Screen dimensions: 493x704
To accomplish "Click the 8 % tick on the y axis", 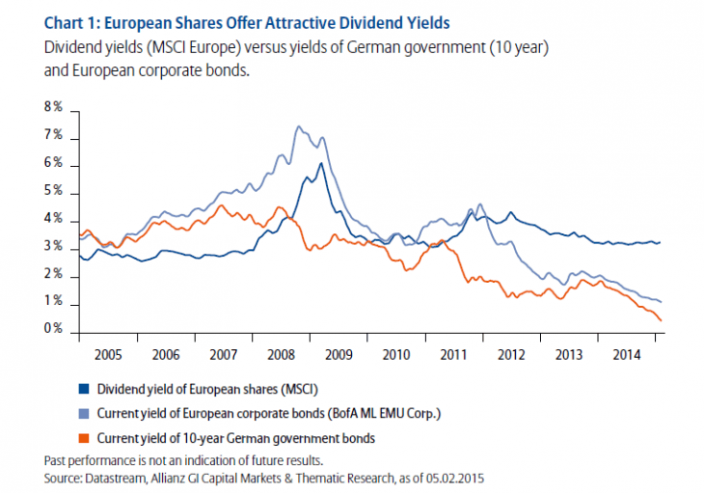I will tap(54, 106).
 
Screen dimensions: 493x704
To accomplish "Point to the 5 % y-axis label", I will tap(54, 192).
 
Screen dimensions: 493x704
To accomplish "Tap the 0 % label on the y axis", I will tap(54, 330).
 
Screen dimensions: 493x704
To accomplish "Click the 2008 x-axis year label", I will tap(281, 353).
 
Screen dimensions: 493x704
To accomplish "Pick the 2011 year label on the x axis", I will tap(453, 353).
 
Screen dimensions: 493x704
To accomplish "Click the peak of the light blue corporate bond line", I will tap(297, 126).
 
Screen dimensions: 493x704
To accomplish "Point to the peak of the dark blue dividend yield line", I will tap(319, 163).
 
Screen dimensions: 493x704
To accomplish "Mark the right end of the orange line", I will tap(661, 320).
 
